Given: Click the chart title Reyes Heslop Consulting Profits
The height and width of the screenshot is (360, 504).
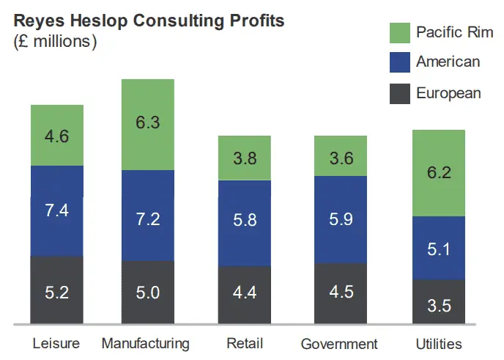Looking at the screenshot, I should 149,20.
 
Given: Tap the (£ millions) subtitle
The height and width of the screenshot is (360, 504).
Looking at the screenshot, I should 56,41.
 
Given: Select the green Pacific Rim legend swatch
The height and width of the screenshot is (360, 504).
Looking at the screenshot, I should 399,33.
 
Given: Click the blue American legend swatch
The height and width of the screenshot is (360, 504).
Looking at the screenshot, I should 399,62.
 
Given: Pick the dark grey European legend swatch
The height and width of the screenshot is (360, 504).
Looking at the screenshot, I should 399,93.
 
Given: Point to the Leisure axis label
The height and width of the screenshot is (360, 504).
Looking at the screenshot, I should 57,344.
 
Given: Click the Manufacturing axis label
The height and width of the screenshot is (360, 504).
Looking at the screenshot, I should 146,344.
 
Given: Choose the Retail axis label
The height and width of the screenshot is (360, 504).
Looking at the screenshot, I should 245,344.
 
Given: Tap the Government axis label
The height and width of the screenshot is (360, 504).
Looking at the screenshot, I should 339,344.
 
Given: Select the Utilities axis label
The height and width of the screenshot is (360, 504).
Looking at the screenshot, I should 438,344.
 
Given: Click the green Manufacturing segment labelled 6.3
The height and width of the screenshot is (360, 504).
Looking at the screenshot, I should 148,124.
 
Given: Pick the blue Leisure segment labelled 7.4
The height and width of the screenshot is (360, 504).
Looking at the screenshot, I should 57,211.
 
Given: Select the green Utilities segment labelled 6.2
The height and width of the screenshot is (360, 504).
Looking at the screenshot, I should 439,173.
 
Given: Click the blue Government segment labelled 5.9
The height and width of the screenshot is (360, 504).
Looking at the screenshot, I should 340,219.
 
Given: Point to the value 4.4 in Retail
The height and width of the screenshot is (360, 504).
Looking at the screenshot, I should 245,292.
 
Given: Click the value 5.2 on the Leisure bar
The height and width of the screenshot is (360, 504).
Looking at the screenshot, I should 57,292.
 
